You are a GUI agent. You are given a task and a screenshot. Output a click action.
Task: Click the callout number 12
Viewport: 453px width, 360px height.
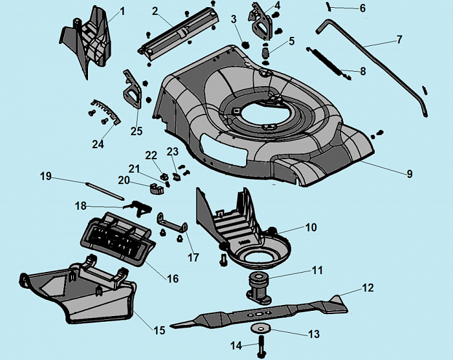click(x=367, y=286)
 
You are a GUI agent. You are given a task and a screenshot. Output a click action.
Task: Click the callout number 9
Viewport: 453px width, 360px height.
click(x=409, y=174)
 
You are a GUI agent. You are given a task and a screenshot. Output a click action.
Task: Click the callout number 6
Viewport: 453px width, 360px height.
click(x=362, y=8)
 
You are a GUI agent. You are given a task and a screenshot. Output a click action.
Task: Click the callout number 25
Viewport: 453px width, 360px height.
click(x=136, y=131)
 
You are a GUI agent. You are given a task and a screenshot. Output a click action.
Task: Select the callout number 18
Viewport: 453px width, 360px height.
click(x=80, y=206)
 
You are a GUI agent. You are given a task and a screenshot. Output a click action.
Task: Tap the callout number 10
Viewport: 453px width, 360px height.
click(x=311, y=227)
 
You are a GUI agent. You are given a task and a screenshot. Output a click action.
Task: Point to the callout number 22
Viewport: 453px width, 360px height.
click(x=150, y=155)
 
